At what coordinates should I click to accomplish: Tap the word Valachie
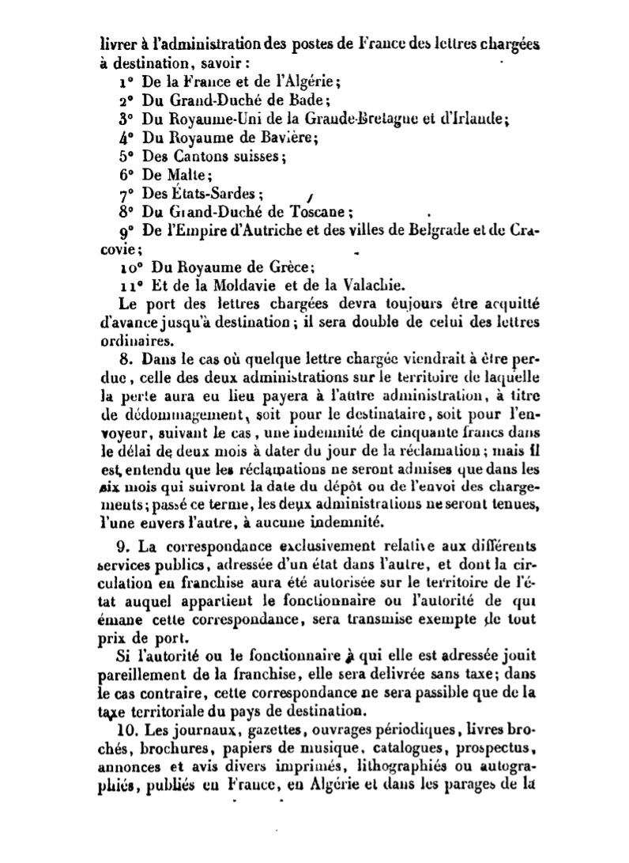pyautogui.click(x=368, y=285)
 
